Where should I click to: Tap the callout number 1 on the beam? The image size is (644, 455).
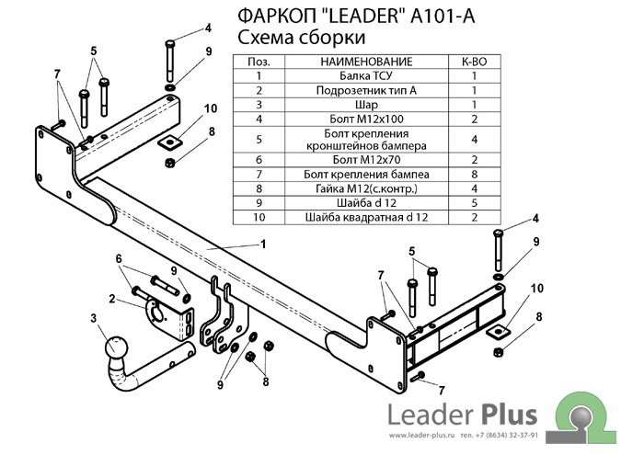263,244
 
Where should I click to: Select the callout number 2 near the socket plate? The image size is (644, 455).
111,297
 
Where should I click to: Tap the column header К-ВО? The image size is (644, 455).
474,62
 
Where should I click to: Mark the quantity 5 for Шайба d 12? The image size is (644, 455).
474,203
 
